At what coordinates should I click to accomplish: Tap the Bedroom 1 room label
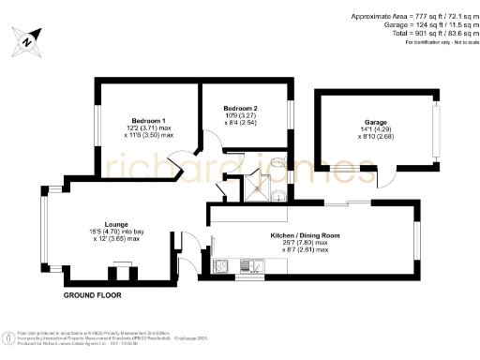pos(149,121)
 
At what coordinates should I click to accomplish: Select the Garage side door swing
pos(384,178)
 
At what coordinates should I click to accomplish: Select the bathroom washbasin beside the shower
pos(278,195)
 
